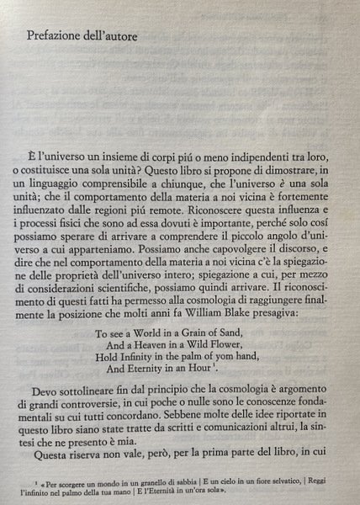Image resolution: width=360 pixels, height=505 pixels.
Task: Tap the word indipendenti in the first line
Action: (x=252, y=157)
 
